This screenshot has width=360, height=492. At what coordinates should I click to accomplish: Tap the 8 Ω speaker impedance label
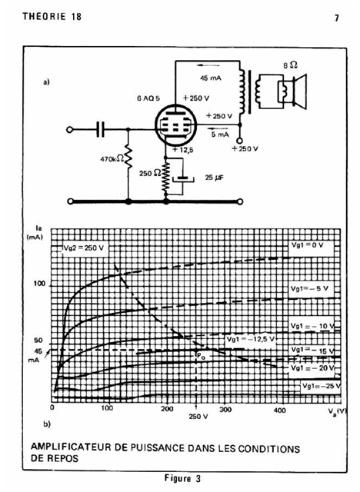[290, 65]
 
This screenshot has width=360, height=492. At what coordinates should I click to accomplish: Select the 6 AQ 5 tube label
[148, 98]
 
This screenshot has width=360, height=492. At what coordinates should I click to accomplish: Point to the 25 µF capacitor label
[215, 178]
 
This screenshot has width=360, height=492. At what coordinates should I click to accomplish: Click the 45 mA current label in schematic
[211, 78]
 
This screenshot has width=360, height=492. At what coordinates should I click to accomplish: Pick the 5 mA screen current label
[220, 135]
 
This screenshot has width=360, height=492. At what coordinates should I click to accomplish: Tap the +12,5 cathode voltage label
[182, 150]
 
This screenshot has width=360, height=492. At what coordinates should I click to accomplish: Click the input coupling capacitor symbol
[101, 129]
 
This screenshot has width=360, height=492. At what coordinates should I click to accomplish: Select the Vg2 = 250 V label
[84, 248]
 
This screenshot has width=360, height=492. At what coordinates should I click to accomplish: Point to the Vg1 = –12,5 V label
[251, 339]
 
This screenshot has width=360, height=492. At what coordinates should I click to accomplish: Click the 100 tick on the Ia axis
[39, 284]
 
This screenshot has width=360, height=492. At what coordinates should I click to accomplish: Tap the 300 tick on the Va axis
[225, 409]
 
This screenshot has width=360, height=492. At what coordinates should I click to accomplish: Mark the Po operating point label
[201, 355]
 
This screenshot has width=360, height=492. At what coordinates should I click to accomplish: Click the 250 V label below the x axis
[198, 417]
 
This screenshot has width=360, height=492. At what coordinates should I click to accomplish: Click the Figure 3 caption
[182, 478]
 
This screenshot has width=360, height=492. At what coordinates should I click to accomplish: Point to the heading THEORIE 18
[52, 16]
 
